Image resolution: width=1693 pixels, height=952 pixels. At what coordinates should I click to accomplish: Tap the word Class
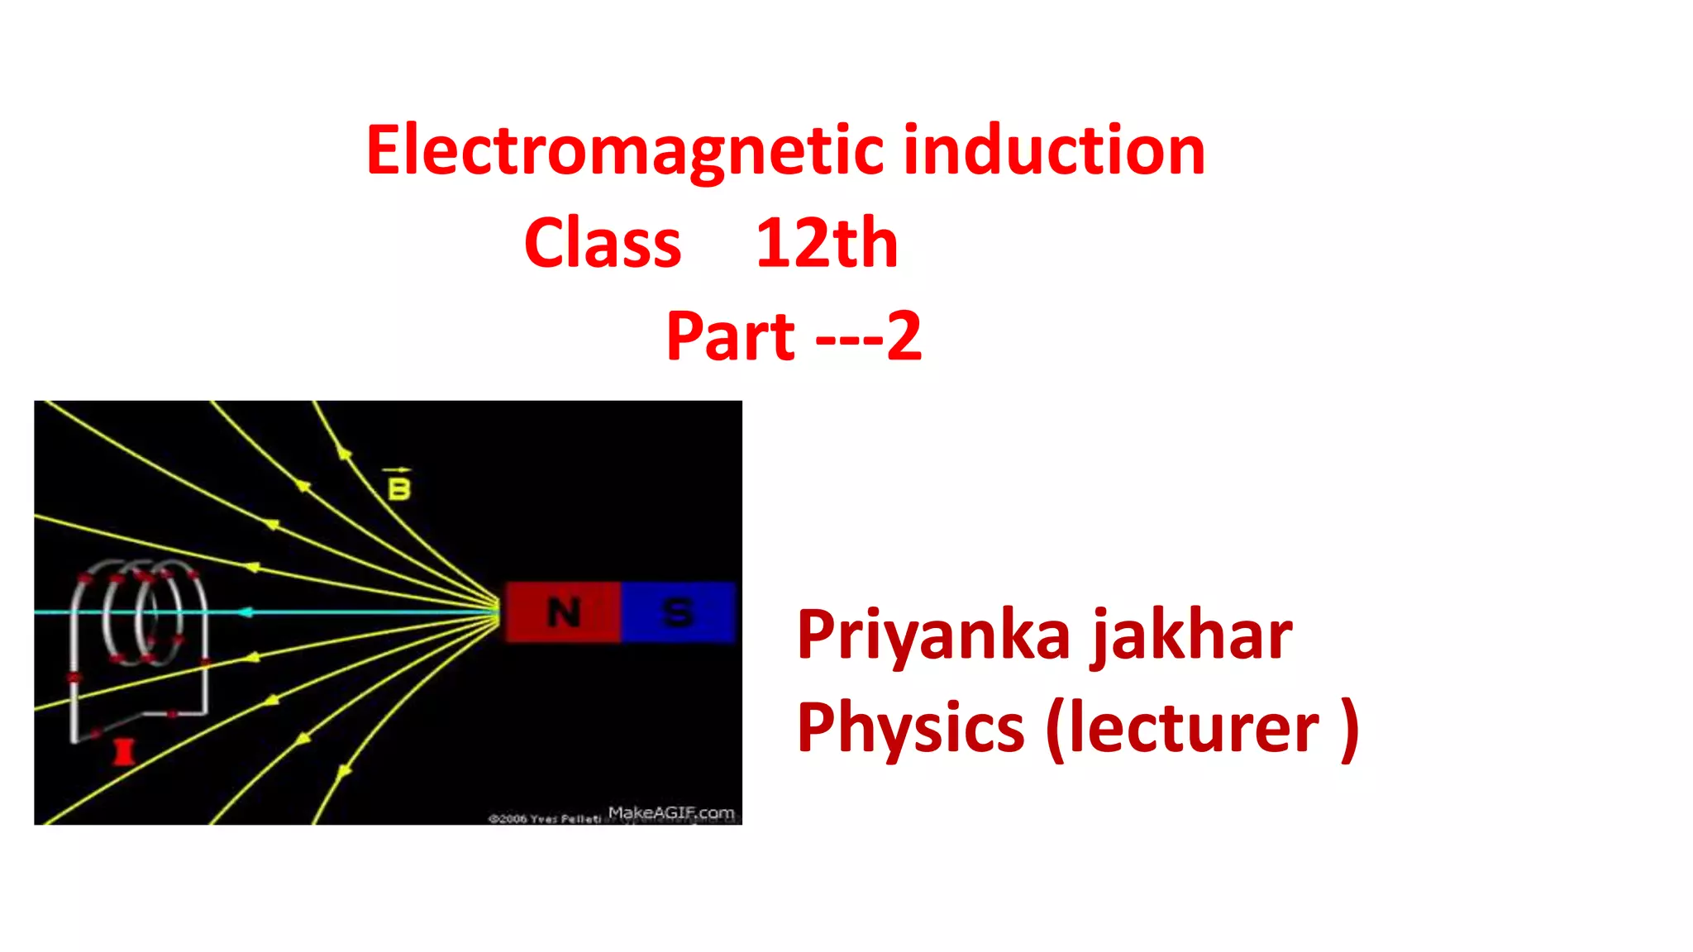603,243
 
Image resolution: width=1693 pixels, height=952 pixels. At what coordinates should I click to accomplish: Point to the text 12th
826,243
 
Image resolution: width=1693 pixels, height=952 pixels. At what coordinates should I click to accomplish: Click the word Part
730,336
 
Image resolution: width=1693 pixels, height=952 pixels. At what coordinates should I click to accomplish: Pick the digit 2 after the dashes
904,336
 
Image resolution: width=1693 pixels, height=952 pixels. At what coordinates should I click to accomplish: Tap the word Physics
910,727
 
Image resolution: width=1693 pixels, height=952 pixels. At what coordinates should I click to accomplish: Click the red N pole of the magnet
564,612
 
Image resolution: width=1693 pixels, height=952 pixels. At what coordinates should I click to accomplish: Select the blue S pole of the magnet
678,612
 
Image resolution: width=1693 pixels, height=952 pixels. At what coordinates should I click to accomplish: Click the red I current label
123,752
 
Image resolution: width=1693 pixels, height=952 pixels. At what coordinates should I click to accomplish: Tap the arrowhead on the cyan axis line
245,612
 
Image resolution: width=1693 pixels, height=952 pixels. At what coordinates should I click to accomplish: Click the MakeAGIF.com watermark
671,812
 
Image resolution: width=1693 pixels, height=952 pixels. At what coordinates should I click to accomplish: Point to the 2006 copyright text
545,818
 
